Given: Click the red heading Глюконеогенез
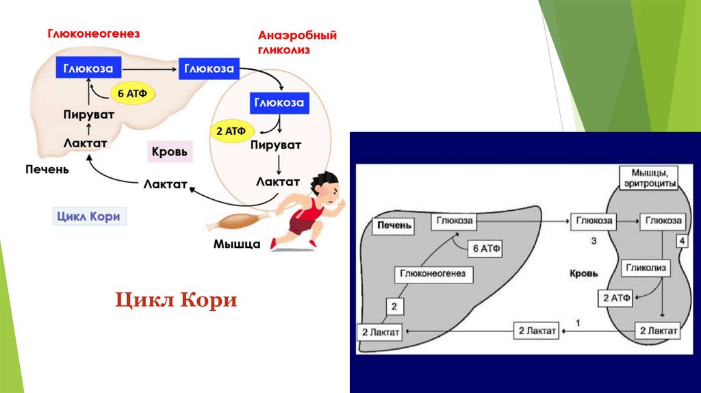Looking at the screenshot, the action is tap(93, 34).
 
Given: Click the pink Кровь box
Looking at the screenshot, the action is tap(168, 151).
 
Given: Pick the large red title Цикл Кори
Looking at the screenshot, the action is tap(175, 301).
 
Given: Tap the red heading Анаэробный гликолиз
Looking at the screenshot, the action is tap(296, 42).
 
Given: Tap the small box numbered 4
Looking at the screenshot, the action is tap(682, 241).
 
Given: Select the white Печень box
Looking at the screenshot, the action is tap(394, 225).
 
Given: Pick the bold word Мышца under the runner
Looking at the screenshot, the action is tap(237, 244).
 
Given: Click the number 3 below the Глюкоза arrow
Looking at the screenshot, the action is tap(594, 241).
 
